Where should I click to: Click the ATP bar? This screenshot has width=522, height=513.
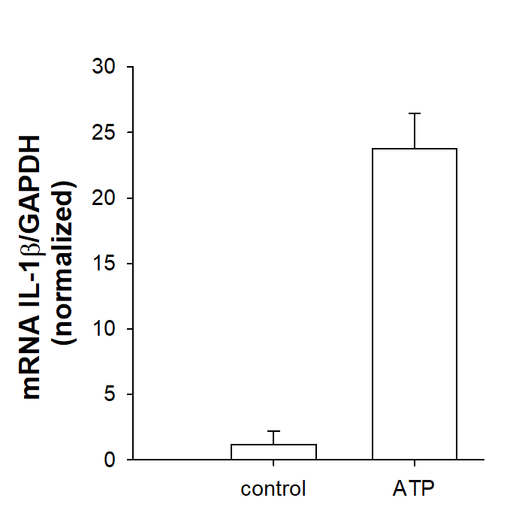point(415,304)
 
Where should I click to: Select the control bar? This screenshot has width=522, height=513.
point(273,451)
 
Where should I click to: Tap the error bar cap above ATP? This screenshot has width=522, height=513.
point(415,113)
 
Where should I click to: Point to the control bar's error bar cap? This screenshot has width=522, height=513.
point(273,431)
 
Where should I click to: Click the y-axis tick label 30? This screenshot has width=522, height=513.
point(104,66)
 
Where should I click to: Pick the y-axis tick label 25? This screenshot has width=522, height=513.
point(104,132)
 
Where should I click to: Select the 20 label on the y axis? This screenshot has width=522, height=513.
point(104,198)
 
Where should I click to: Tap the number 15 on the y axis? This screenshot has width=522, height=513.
point(104,264)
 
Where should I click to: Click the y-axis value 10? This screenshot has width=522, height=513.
point(104,328)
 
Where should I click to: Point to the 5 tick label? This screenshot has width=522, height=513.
point(110,394)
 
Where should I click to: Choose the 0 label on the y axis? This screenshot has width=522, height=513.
point(110,460)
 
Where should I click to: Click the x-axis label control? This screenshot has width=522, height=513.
point(273,489)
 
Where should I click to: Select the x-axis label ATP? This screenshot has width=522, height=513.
point(414,488)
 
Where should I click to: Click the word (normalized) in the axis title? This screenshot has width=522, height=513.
point(63,264)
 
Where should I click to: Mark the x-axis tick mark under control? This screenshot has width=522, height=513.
point(273,463)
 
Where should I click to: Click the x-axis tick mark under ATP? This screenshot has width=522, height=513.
point(415,463)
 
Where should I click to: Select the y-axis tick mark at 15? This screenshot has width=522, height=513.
point(130,264)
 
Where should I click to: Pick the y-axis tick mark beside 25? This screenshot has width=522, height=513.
point(130,132)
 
